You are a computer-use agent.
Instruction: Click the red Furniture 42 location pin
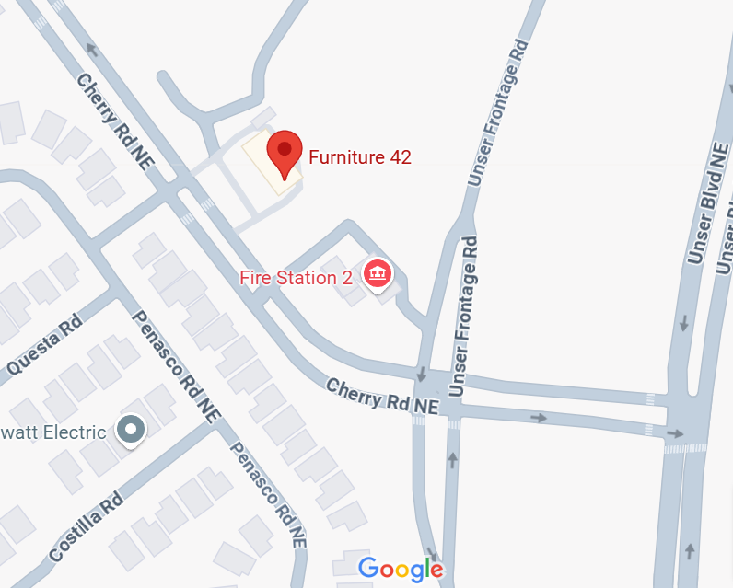coord(285,155)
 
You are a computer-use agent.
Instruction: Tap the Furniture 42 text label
coord(359,157)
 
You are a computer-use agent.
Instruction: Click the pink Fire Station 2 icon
coord(377,273)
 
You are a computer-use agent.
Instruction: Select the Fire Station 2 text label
coord(296,277)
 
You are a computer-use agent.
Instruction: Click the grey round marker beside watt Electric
coord(131,429)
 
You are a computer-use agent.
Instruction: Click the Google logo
coord(401,569)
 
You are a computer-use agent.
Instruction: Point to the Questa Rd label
coord(44,347)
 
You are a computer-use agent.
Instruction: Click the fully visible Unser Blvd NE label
coord(706,203)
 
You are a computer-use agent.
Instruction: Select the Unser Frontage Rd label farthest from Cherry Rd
coord(498,111)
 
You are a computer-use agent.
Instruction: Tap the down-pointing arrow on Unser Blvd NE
coord(683,324)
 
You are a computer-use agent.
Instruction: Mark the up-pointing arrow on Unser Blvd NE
coord(690,550)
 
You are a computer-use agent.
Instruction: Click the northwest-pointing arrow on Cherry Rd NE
coord(91,50)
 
